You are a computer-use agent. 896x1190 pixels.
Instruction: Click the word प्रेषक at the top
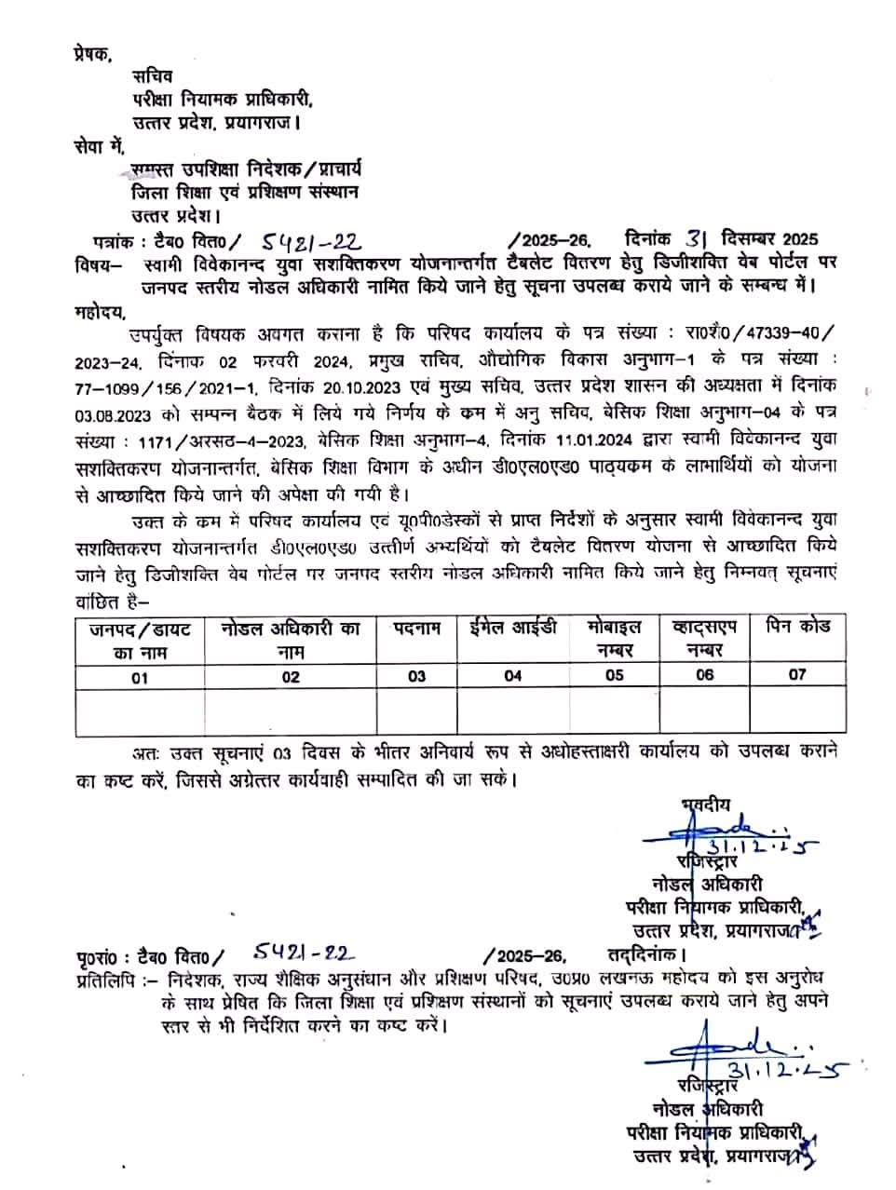[x=92, y=53]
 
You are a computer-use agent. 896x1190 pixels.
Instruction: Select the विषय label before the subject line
[x=96, y=265]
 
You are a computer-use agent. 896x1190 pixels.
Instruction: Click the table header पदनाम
[x=417, y=629]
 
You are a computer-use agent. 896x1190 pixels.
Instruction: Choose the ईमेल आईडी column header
[x=512, y=628]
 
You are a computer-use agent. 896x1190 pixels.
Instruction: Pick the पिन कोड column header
[x=797, y=627]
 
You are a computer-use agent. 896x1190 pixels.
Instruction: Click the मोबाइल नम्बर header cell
[x=614, y=639]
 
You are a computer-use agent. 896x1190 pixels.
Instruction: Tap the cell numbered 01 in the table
[x=140, y=677]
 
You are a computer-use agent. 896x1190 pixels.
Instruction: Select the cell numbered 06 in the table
[x=704, y=675]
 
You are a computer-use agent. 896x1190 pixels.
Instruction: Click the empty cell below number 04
[x=512, y=712]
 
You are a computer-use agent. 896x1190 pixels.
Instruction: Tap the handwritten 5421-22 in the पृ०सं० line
[x=305, y=952]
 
